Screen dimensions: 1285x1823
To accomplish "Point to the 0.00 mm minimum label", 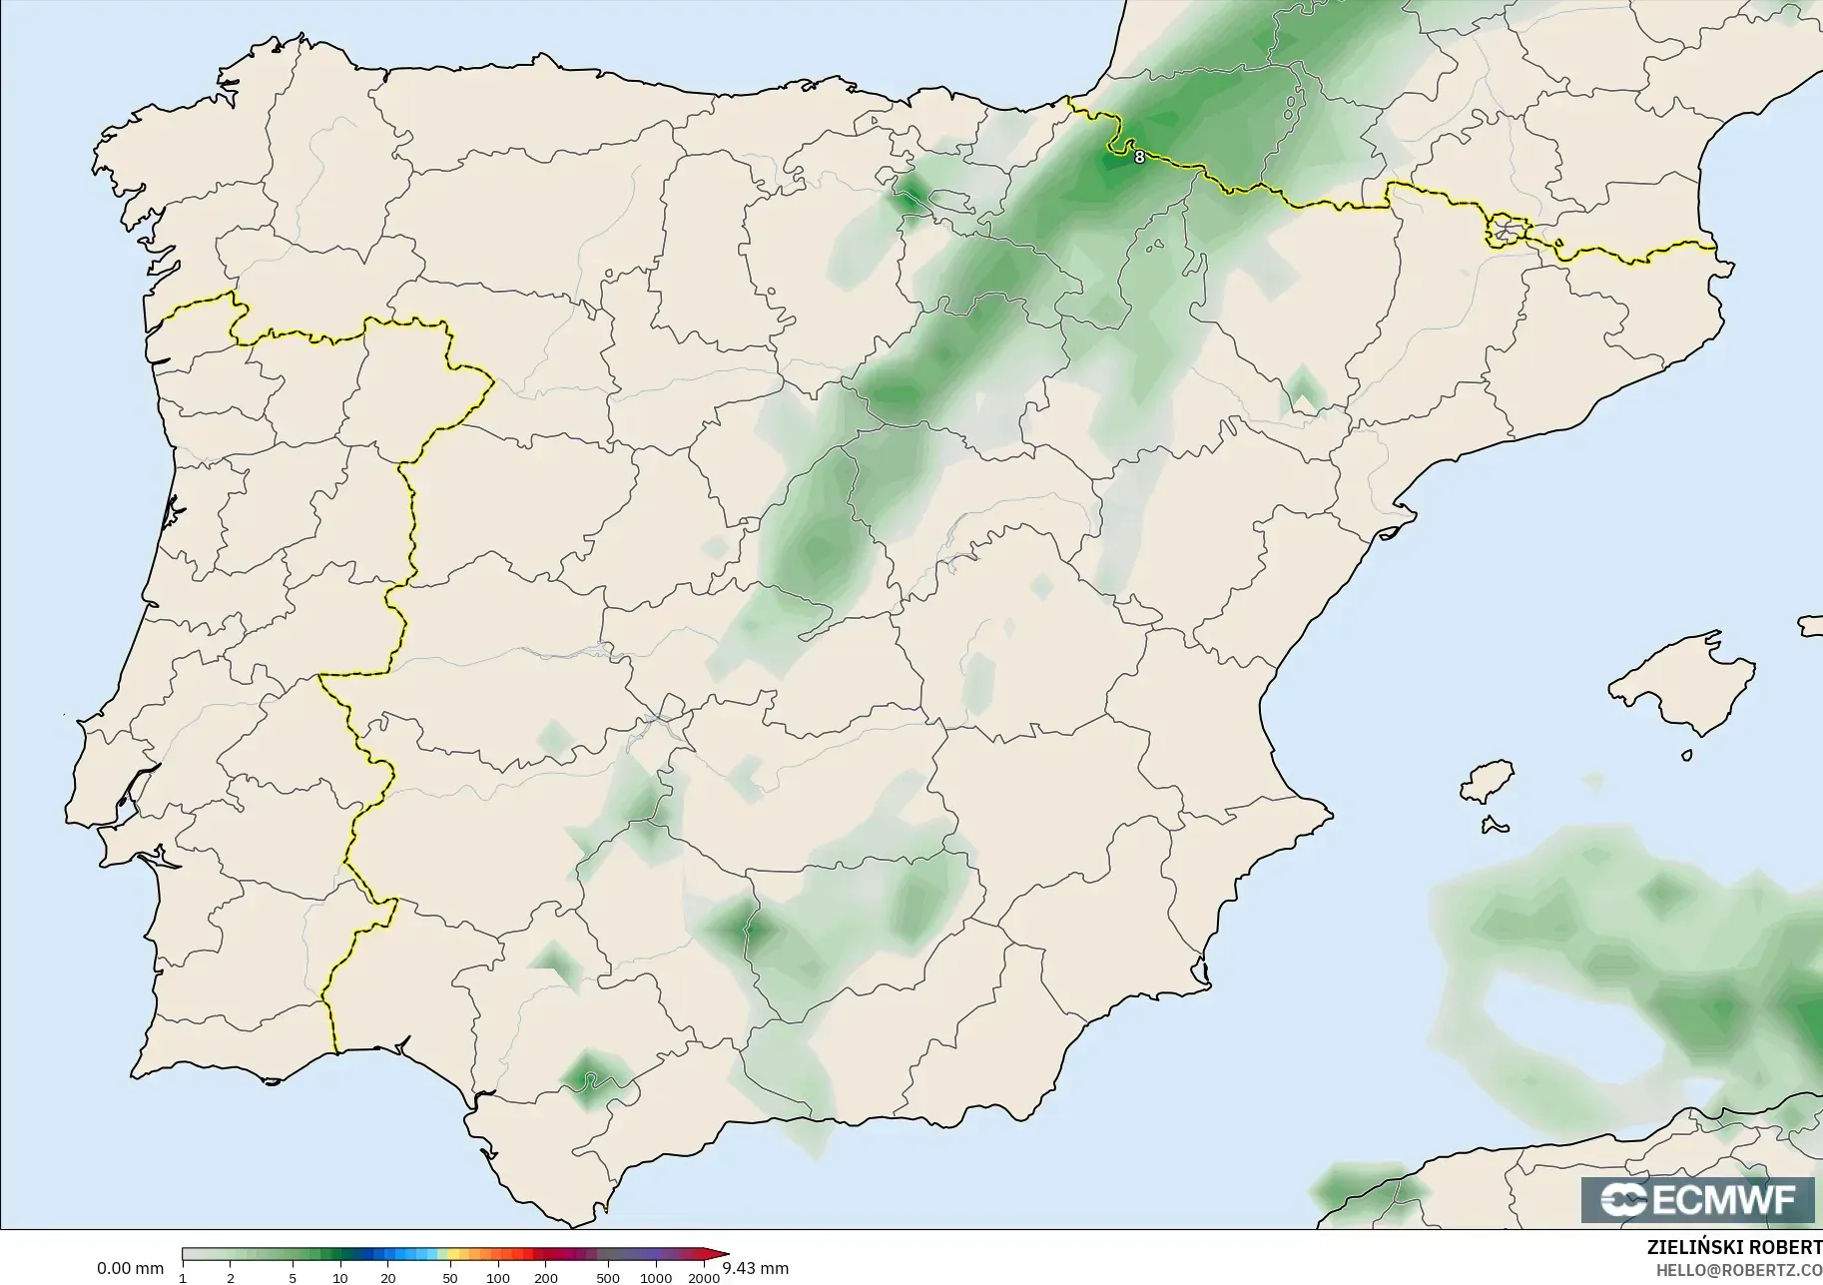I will [x=130, y=1269].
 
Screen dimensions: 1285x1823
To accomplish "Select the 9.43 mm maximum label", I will [x=755, y=1269].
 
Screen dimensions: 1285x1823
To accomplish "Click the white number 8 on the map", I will [x=1139, y=157].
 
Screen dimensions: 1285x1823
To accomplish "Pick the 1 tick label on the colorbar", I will [x=183, y=1278].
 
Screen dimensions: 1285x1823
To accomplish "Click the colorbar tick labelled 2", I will [x=231, y=1278].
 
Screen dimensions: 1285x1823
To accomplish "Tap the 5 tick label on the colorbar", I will [x=293, y=1278].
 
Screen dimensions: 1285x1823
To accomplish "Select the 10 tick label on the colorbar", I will [x=340, y=1278].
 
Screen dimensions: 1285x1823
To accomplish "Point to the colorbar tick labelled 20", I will [x=388, y=1278].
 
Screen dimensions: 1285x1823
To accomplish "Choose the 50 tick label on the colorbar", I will [x=450, y=1278].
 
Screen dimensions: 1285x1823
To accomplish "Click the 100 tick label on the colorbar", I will [x=498, y=1278].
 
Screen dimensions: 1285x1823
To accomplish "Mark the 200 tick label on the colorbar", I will [x=546, y=1278].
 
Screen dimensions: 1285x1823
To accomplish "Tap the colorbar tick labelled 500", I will [x=608, y=1278].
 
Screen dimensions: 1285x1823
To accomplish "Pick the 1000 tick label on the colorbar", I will [x=656, y=1278].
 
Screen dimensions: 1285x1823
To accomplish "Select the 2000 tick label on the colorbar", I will [x=704, y=1278].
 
